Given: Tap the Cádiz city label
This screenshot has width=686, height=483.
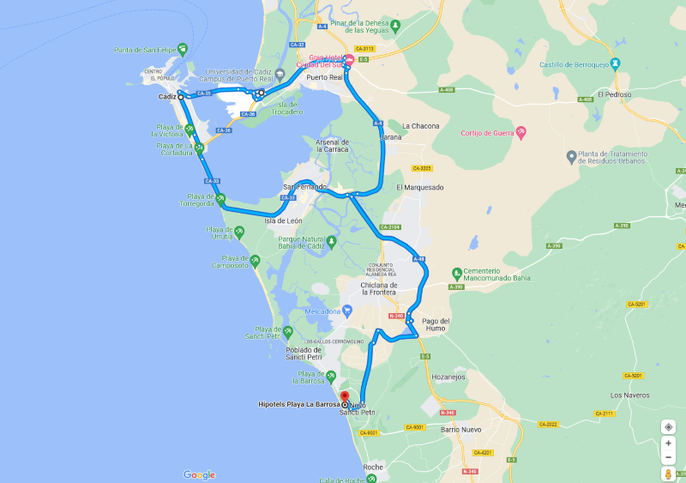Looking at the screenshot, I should [166, 97].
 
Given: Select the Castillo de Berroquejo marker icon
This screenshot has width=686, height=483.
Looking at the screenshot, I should [627, 64].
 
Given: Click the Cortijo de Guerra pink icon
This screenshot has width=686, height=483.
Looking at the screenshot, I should [521, 133].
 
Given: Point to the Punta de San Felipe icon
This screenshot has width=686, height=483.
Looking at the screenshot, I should [182, 49].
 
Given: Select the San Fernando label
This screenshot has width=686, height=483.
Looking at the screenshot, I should [304, 186].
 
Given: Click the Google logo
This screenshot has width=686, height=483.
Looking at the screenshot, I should [199, 474].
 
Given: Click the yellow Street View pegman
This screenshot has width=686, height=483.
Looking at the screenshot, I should [668, 474].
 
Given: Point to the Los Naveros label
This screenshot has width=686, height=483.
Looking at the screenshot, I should [627, 395].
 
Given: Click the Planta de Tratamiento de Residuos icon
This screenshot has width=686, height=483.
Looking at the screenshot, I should [572, 157].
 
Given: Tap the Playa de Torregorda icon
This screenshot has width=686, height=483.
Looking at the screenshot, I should [220, 199].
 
